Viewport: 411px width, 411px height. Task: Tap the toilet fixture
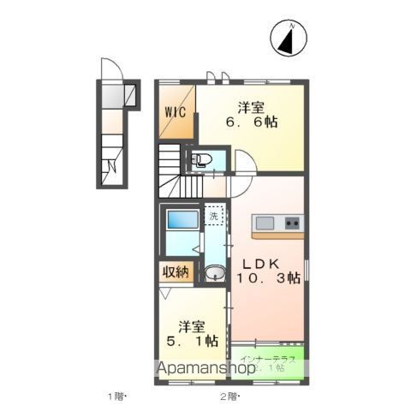201,159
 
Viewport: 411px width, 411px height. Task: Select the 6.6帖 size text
251,122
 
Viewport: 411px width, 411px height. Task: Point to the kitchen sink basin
264,223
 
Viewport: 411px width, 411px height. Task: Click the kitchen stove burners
292,223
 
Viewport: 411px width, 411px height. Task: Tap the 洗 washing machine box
214,216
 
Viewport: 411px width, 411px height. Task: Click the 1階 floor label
117,396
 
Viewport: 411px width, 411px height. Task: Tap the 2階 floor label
229,396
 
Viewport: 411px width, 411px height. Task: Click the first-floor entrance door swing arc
109,68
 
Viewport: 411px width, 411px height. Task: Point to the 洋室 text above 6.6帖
251,107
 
